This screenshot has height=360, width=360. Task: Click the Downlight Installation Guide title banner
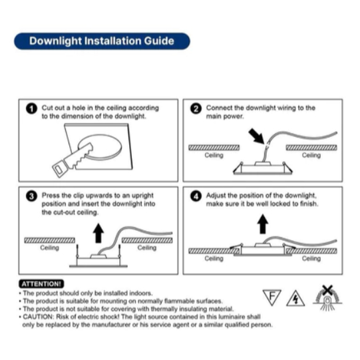(102, 41)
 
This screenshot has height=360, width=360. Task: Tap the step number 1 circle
(31, 108)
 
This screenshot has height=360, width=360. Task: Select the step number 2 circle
(196, 108)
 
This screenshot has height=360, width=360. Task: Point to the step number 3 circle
(31, 196)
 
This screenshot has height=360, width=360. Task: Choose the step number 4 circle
(196, 196)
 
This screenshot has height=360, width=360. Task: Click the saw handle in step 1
(60, 168)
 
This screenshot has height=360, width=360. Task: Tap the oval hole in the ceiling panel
(100, 147)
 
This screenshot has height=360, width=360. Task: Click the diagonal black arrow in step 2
(256, 136)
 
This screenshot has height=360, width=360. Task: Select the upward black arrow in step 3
(98, 233)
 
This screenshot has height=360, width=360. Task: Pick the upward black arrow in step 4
(263, 224)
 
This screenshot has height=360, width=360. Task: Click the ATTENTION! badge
(41, 284)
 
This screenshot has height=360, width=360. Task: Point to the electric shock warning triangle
(295, 299)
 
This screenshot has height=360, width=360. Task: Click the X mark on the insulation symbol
(327, 290)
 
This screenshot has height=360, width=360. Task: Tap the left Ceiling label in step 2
(214, 156)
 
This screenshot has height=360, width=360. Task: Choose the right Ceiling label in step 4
(311, 258)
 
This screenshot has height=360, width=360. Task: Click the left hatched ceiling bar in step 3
(50, 240)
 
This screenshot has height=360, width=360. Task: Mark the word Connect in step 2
(219, 108)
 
